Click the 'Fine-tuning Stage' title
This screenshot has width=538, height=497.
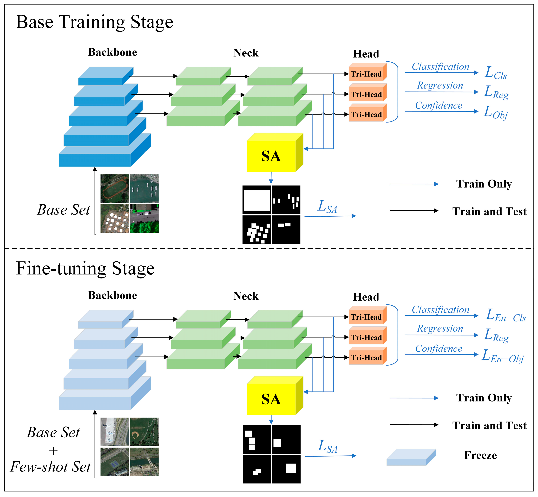tap(85, 268)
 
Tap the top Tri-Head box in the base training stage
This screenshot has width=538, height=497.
tap(366, 74)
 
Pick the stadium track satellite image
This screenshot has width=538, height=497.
tap(115, 188)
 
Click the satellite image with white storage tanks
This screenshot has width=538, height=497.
tap(115, 218)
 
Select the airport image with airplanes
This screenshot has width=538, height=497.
tap(115, 432)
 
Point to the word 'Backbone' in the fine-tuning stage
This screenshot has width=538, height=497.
tap(112, 295)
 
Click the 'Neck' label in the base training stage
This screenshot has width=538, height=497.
tap(246, 53)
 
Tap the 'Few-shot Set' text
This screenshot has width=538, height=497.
tap(51, 467)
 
